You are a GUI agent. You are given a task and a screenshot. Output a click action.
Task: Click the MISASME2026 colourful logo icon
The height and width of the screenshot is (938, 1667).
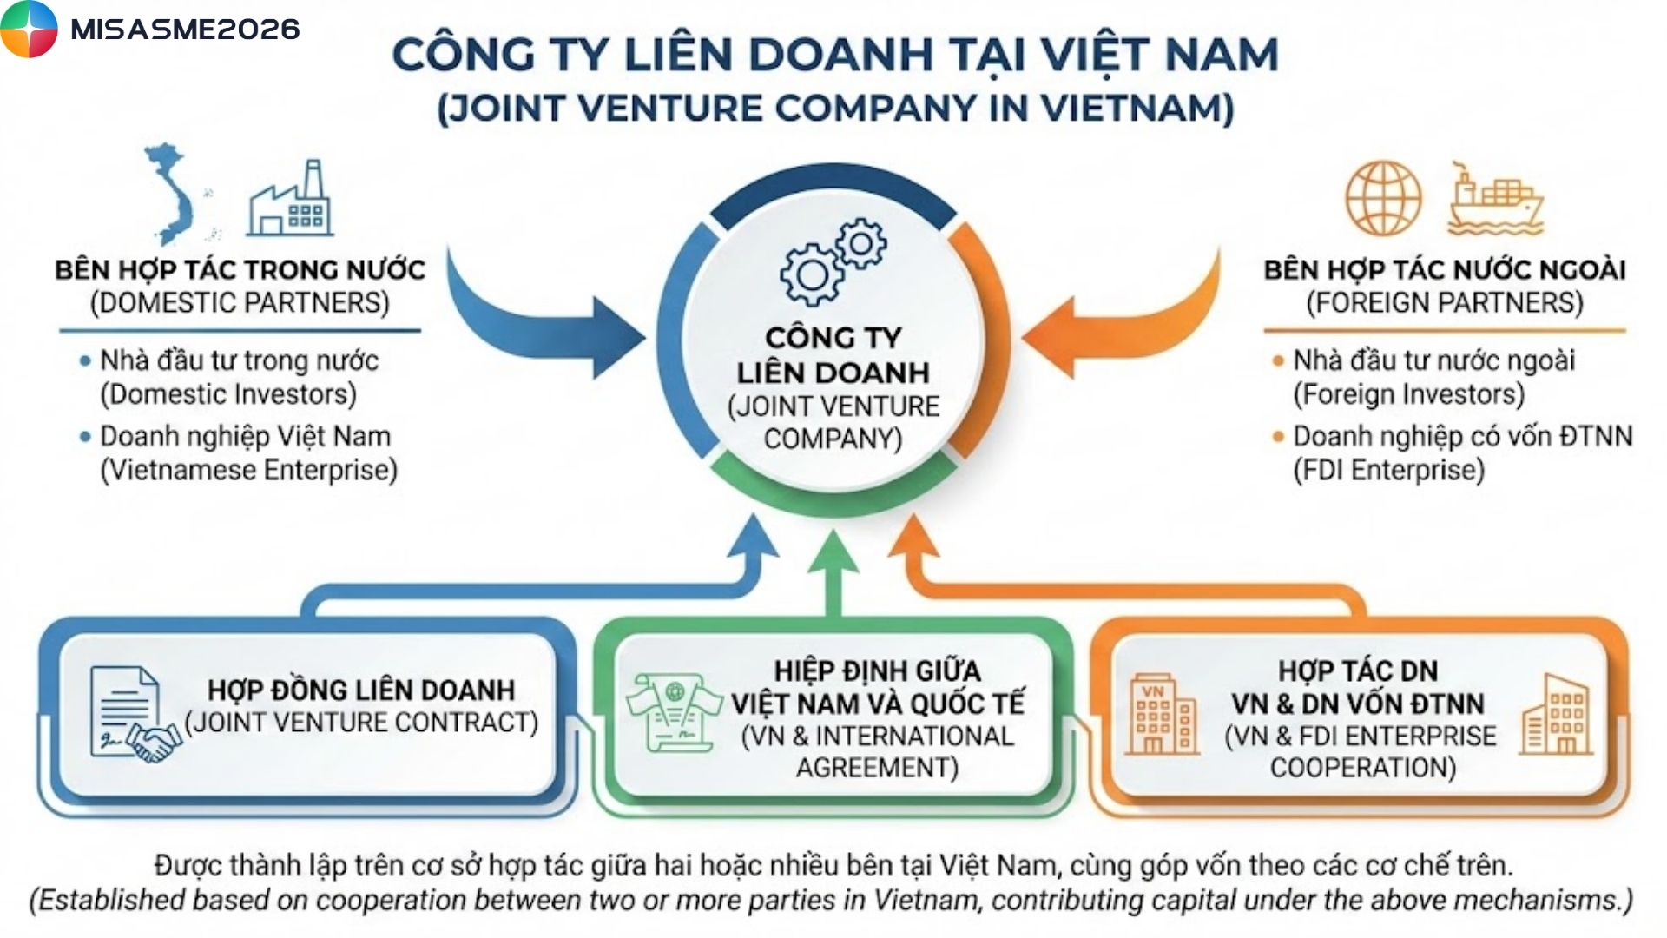click(x=29, y=29)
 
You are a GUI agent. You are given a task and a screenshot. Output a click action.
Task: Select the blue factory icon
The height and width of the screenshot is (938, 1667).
click(x=290, y=201)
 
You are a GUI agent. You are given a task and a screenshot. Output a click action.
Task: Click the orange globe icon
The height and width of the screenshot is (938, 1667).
click(x=1383, y=199)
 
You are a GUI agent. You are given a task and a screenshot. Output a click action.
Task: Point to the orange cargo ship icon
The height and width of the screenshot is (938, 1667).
click(x=1494, y=201)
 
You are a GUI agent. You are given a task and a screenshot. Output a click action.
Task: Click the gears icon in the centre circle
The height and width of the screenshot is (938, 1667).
click(x=833, y=261)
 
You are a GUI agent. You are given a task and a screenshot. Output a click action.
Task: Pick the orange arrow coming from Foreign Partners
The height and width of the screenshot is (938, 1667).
click(x=1120, y=321)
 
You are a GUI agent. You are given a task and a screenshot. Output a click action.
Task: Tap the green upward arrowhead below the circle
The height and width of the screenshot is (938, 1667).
click(x=833, y=556)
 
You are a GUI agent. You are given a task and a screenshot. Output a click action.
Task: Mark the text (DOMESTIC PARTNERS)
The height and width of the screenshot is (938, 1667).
click(x=240, y=303)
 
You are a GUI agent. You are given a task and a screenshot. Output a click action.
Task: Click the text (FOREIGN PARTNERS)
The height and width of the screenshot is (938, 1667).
click(x=1445, y=303)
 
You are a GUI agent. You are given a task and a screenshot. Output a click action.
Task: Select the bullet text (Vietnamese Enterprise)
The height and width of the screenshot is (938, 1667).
click(x=249, y=471)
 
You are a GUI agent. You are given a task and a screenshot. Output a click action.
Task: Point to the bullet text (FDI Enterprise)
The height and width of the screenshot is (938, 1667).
click(x=1388, y=471)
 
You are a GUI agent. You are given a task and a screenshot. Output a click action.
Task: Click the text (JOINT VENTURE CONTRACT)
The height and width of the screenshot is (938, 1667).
click(x=361, y=723)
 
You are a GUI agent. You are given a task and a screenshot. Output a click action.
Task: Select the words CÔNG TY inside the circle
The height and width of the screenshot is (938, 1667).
click(x=833, y=338)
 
